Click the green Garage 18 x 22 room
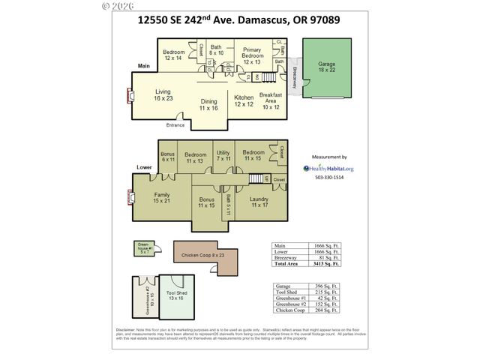(326, 67)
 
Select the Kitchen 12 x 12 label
(244, 101)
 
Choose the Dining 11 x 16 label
(208, 105)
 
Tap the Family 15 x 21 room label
(162, 197)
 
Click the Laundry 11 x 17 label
(259, 202)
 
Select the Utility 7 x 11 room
(223, 157)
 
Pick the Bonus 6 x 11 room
(167, 157)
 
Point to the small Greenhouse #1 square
(142, 247)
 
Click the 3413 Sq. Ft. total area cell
(325, 264)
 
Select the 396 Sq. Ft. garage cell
(325, 286)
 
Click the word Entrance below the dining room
(175, 125)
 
